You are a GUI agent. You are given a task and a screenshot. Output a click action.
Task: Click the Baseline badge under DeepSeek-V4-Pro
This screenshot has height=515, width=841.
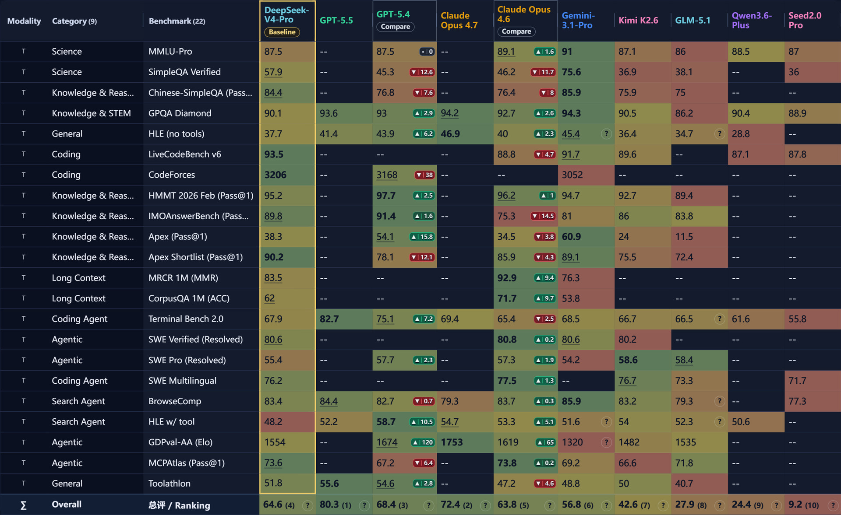pyautogui.click(x=282, y=32)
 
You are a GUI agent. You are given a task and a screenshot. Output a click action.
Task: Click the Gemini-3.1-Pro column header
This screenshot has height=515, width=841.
pyautogui.click(x=578, y=21)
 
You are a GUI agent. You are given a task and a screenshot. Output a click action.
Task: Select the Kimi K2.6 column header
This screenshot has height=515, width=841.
pyautogui.click(x=638, y=20)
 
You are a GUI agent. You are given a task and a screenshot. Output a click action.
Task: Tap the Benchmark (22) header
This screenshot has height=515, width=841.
pyautogui.click(x=177, y=21)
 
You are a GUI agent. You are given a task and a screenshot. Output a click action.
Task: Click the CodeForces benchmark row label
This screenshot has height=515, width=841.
pyautogui.click(x=172, y=175)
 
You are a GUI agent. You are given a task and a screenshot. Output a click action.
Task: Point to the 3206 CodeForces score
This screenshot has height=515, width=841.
pyautogui.click(x=275, y=175)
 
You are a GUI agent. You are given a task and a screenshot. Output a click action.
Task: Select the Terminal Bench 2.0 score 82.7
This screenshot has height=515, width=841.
pyautogui.click(x=329, y=319)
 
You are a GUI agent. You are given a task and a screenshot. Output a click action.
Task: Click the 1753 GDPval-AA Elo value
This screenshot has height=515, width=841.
pyautogui.click(x=452, y=442)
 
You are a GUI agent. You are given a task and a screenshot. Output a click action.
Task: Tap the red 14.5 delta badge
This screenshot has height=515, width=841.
pyautogui.click(x=543, y=216)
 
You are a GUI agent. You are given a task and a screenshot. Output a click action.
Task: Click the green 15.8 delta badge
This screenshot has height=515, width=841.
pyautogui.click(x=422, y=237)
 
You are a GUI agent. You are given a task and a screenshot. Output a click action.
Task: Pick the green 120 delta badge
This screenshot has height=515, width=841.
pyautogui.click(x=422, y=442)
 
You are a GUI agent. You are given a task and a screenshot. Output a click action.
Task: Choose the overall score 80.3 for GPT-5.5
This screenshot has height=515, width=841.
pyautogui.click(x=329, y=504)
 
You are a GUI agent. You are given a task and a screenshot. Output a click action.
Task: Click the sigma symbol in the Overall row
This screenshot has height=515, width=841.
pyautogui.click(x=24, y=505)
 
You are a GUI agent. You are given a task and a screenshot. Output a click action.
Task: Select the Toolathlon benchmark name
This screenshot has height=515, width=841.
pyautogui.click(x=169, y=483)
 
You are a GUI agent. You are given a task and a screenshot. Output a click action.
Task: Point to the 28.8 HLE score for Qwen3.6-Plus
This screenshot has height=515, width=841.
pyautogui.click(x=740, y=134)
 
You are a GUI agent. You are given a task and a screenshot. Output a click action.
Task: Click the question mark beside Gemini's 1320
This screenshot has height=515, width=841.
pyautogui.click(x=606, y=442)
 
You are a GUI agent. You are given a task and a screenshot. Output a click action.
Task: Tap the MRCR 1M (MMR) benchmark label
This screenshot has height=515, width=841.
pyautogui.click(x=183, y=278)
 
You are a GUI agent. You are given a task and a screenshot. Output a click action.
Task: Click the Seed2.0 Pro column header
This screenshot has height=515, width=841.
pyautogui.click(x=805, y=21)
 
